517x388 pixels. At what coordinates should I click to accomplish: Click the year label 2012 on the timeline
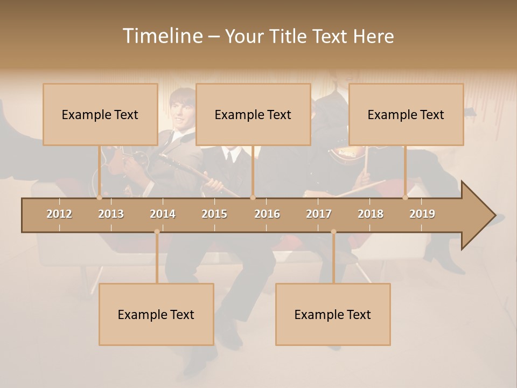[59, 214]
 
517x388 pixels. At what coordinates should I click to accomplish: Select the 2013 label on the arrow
[111, 214]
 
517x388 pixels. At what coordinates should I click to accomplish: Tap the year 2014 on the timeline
[163, 214]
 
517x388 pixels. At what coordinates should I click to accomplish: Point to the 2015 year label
[214, 214]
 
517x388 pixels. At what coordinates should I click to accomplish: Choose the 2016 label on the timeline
[267, 214]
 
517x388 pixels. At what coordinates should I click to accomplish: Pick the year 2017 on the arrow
[319, 214]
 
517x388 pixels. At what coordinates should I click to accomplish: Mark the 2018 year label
[371, 214]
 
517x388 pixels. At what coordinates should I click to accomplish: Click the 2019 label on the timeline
[422, 214]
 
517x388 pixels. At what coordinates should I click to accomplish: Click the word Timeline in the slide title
[162, 36]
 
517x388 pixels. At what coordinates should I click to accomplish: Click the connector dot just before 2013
[99, 198]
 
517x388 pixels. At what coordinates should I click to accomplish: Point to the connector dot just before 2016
[253, 198]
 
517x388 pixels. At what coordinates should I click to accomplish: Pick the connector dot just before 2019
[406, 198]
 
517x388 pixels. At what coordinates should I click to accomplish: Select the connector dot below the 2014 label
[157, 232]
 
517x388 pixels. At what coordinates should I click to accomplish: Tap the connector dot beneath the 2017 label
[333, 232]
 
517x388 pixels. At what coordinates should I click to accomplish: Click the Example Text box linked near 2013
[100, 114]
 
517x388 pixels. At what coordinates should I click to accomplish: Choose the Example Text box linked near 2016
[253, 114]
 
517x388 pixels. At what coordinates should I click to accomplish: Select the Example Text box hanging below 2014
[156, 314]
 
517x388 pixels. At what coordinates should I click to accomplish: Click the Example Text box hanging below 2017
[333, 314]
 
